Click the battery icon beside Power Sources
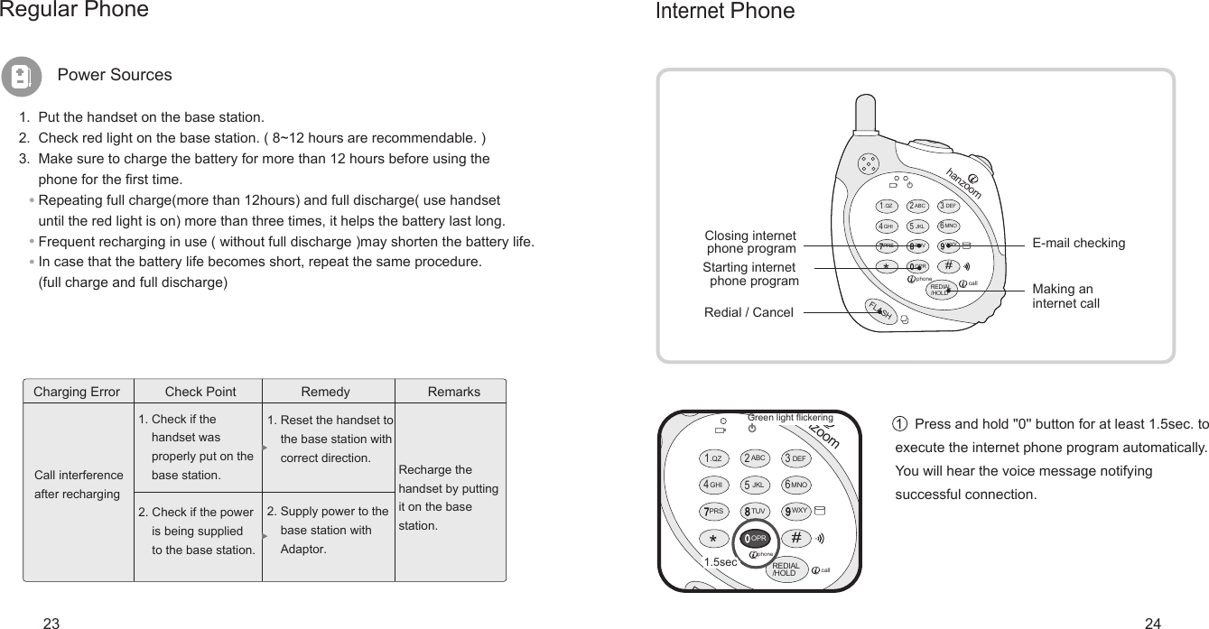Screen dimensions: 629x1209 click(x=21, y=76)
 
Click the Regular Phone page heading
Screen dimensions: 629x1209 click(x=74, y=10)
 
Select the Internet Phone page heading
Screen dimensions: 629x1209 click(x=724, y=12)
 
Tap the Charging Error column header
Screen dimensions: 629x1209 click(x=76, y=392)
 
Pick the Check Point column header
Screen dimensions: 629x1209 click(x=200, y=392)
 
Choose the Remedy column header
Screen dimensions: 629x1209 click(x=325, y=392)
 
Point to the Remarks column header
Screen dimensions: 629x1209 click(x=453, y=392)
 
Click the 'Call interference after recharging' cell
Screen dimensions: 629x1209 click(x=78, y=485)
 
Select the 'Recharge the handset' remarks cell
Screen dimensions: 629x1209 click(x=448, y=497)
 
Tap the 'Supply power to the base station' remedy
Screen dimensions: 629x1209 click(x=327, y=530)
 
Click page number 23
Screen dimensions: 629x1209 click(x=51, y=623)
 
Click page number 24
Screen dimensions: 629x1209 click(x=1152, y=623)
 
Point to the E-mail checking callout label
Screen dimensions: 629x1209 click(x=1079, y=244)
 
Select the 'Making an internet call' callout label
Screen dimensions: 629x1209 click(x=1065, y=296)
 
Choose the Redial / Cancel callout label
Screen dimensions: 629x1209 click(x=749, y=313)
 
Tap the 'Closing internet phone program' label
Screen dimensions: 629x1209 click(x=750, y=243)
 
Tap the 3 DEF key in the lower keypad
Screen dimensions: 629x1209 click(x=795, y=458)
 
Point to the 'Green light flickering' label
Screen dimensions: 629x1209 click(x=790, y=418)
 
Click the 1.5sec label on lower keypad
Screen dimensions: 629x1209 click(x=721, y=561)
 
